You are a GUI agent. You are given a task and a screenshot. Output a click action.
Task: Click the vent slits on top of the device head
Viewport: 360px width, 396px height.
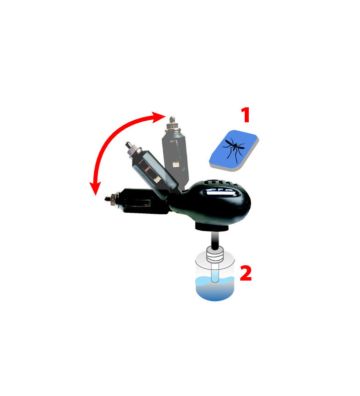[x=218, y=179]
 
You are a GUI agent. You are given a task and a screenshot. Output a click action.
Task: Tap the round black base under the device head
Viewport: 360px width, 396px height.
[x=211, y=227]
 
